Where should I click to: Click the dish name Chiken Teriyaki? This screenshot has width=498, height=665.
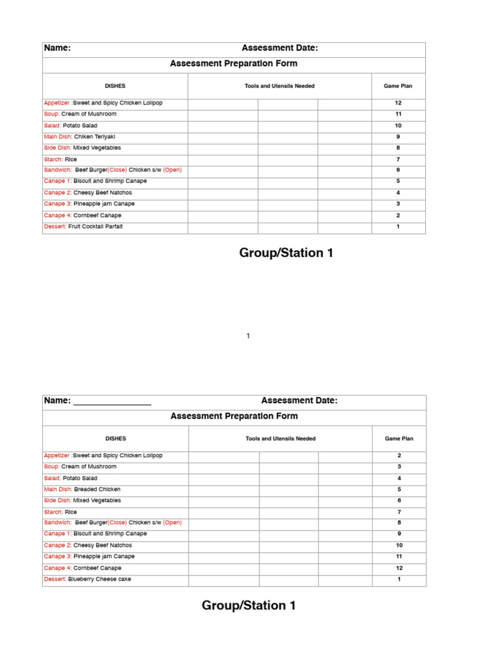[94, 137]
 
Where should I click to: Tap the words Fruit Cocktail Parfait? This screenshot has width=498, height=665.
[95, 227]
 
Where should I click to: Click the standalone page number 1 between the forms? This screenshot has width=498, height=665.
[248, 336]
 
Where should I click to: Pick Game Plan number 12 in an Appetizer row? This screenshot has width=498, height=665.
[398, 103]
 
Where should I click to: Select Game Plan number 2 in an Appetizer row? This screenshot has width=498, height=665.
[399, 456]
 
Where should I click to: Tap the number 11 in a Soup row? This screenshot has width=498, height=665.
[398, 114]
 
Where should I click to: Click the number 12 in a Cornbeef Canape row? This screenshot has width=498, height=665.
[399, 568]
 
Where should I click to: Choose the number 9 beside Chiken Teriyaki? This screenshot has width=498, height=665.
[398, 137]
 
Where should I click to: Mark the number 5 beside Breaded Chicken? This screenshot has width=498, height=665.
[399, 489]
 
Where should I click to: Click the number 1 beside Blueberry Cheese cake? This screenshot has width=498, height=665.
[399, 579]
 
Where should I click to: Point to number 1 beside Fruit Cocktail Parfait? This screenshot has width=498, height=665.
[398, 227]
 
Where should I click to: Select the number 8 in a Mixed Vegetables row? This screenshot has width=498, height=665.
[398, 148]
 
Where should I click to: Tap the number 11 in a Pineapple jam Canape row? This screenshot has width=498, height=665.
[399, 557]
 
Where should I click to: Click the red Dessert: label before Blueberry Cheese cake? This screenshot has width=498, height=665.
[55, 579]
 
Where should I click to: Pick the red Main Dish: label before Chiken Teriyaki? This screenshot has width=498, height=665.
[58, 137]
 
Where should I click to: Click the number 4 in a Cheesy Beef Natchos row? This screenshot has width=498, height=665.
[398, 193]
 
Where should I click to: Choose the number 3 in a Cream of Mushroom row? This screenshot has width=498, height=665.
[399, 467]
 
